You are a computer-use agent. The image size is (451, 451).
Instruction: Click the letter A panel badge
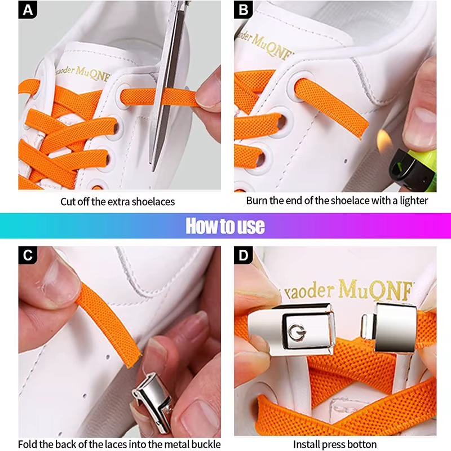point(28,10)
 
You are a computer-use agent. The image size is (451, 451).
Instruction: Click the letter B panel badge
point(243,10)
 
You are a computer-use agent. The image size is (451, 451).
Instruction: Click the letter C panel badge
point(28,255)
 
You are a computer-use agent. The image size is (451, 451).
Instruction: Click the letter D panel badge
point(243,255)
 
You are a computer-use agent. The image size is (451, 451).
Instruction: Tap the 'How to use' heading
point(225,225)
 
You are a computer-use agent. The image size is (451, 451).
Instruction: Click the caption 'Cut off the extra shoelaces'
point(118,201)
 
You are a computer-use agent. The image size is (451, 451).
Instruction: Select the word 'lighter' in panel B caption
point(414,200)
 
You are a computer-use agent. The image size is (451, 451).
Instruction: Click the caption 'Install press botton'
point(335,444)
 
